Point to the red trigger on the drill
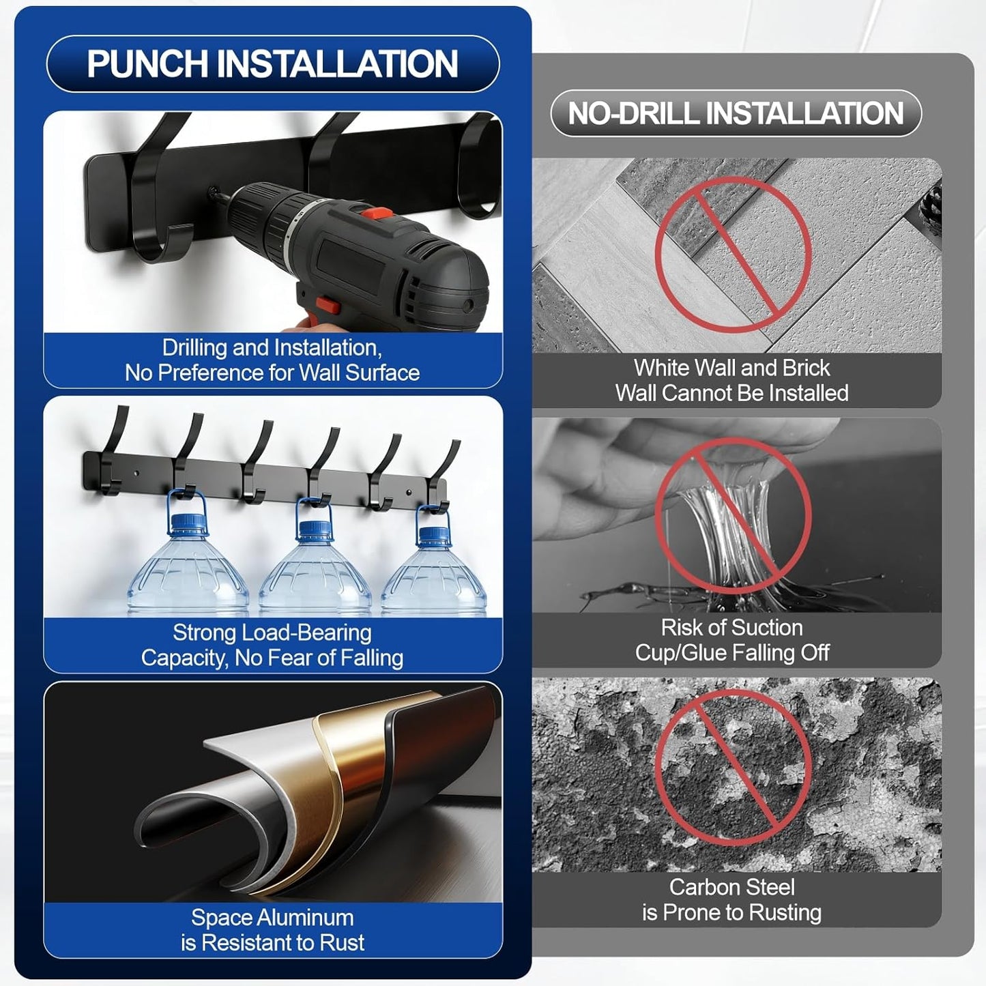click(x=327, y=306)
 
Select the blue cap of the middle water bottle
click(x=314, y=529)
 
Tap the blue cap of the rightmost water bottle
click(x=434, y=535)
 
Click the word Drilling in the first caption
click(x=194, y=349)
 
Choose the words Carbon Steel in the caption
click(x=731, y=887)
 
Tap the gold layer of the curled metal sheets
click(x=328, y=768)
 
